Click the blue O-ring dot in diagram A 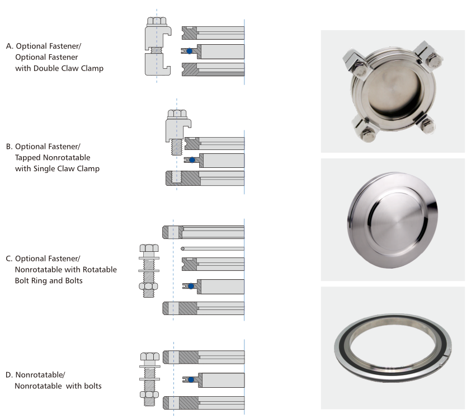pos(189,51)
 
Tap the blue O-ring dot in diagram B pos(192,160)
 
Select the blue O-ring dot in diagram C pos(191,287)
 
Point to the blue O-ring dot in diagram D pos(191,380)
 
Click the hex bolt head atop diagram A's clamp pos(157,21)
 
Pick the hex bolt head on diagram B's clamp pos(177,114)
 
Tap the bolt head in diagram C pos(149,248)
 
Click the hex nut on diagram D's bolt pos(149,394)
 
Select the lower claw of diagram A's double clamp pos(158,64)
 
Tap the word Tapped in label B pos(28,158)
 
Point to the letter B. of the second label pos(10,147)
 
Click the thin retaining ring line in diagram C pos(213,249)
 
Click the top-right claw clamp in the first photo pos(428,57)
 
